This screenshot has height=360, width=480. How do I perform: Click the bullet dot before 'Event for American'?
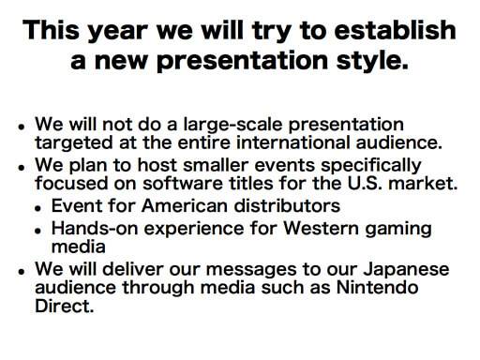tap(38, 207)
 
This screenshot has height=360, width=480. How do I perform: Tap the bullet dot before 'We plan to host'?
tap(22, 168)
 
